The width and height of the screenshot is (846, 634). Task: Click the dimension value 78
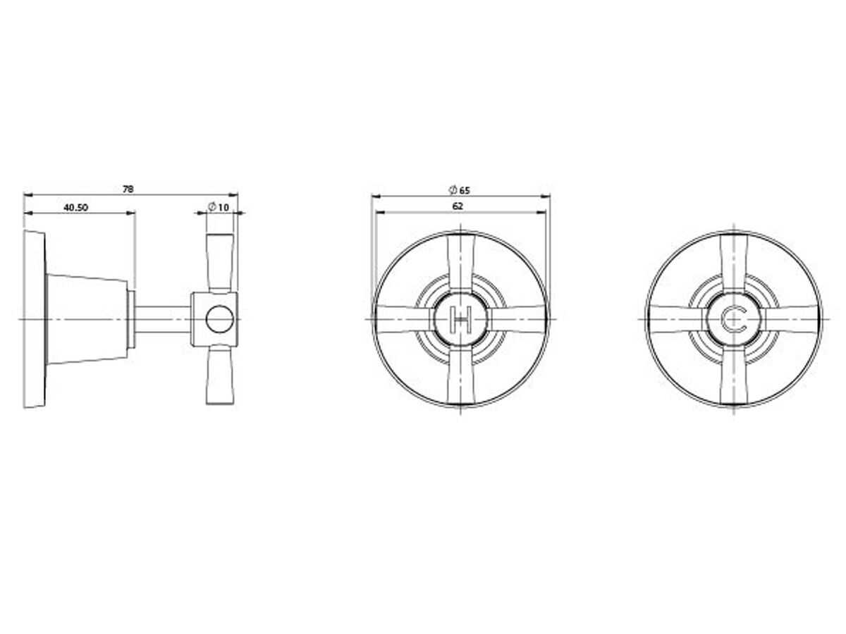tap(128, 189)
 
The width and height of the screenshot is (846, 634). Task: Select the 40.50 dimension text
tap(75, 207)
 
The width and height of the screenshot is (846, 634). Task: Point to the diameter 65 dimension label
tap(459, 190)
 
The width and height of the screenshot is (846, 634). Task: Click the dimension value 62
tap(458, 206)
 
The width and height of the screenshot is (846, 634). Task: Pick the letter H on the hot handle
tap(460, 321)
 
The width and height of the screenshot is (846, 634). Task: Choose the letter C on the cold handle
tap(734, 321)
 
